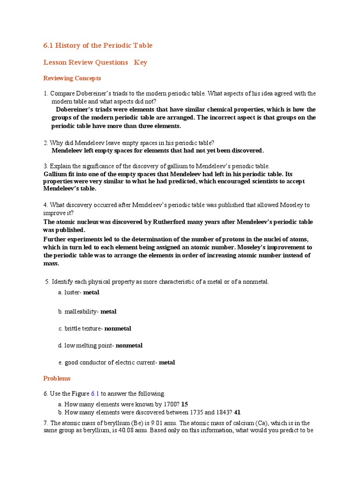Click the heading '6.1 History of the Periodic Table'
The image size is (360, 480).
98,45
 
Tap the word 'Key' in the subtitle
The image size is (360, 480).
141,62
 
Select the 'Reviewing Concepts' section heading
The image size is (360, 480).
72,78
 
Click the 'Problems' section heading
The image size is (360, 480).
57,378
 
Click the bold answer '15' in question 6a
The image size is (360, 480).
185,404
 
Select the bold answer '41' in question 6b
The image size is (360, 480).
237,412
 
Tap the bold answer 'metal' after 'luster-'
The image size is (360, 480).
91,292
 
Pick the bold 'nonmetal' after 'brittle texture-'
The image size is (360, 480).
118,329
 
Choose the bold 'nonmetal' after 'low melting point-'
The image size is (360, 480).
129,345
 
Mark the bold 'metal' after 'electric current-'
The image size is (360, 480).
167,362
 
